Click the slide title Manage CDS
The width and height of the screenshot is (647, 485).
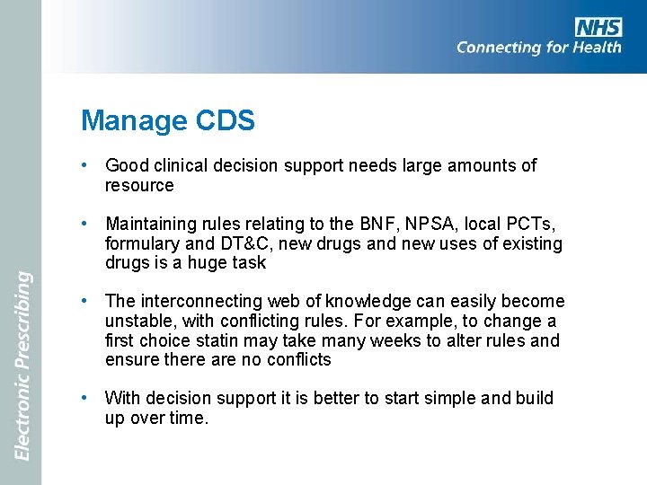point(167,120)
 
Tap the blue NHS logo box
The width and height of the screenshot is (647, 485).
point(598,26)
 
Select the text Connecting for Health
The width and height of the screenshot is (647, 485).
point(538,48)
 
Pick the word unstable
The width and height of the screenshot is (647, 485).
point(139,321)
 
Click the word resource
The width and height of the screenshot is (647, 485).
point(139,186)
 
